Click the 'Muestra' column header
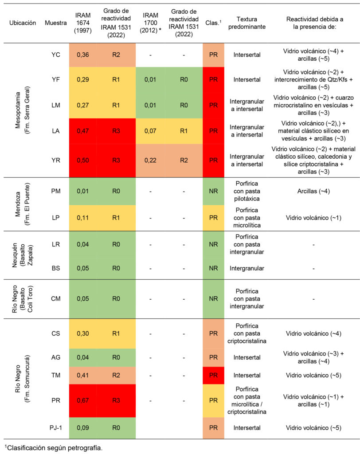coord(56,23)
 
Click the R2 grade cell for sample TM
coord(116,375)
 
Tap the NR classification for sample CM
coord(213,299)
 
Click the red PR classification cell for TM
coord(213,375)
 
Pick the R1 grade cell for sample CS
coord(116,333)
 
